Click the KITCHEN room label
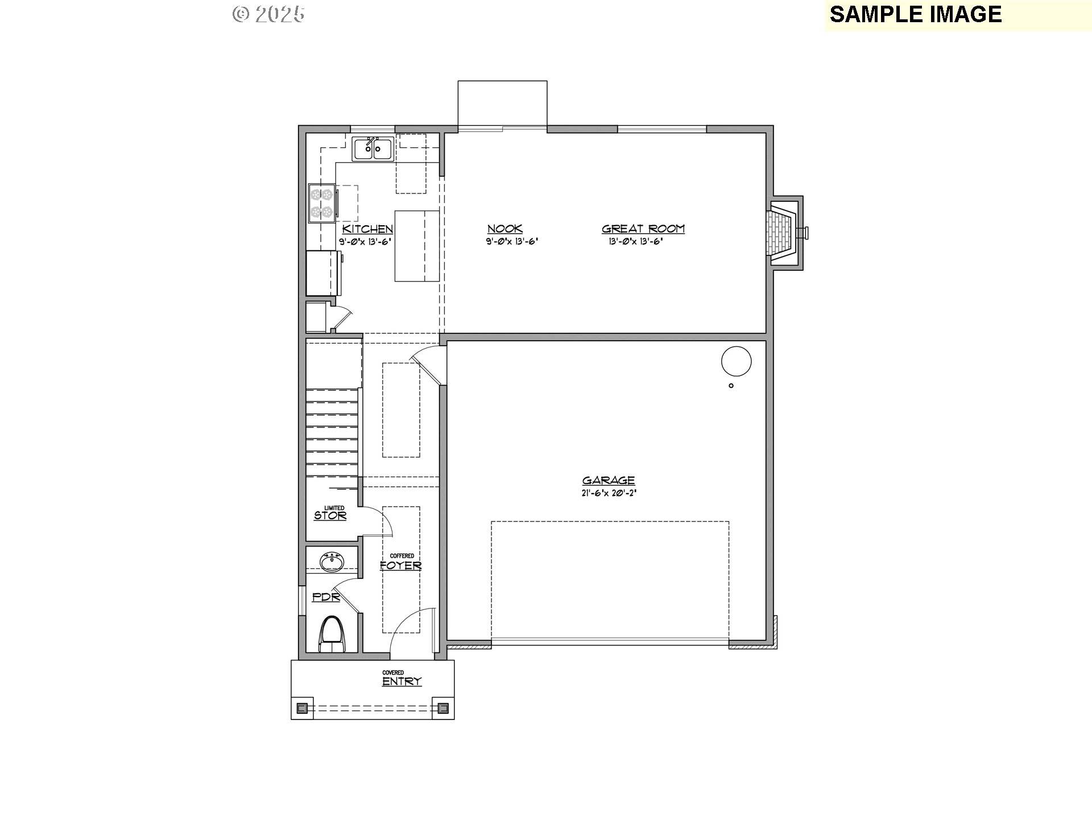pyautogui.click(x=367, y=229)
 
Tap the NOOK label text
pyautogui.click(x=504, y=229)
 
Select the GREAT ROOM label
pyautogui.click(x=643, y=229)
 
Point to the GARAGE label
pyautogui.click(x=608, y=481)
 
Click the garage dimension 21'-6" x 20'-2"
pyautogui.click(x=608, y=494)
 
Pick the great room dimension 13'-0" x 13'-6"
pyautogui.click(x=636, y=241)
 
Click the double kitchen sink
pyautogui.click(x=372, y=149)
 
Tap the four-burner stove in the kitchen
pyautogui.click(x=321, y=204)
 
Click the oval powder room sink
pyautogui.click(x=332, y=562)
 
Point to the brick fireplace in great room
pyautogui.click(x=783, y=233)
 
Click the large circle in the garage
pyautogui.click(x=736, y=361)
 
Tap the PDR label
pyautogui.click(x=326, y=597)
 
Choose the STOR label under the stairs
pyautogui.click(x=330, y=516)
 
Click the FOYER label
pyautogui.click(x=401, y=565)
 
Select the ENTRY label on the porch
pyautogui.click(x=402, y=681)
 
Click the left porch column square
pyautogui.click(x=303, y=708)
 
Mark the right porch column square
pyautogui.click(x=443, y=708)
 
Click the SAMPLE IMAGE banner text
pyautogui.click(x=915, y=15)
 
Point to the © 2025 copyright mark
pyautogui.click(x=268, y=14)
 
